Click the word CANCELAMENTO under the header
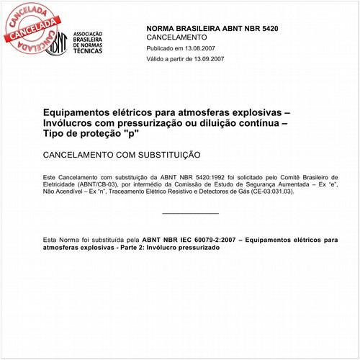pos(176,37)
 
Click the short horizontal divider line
pos(190,214)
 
